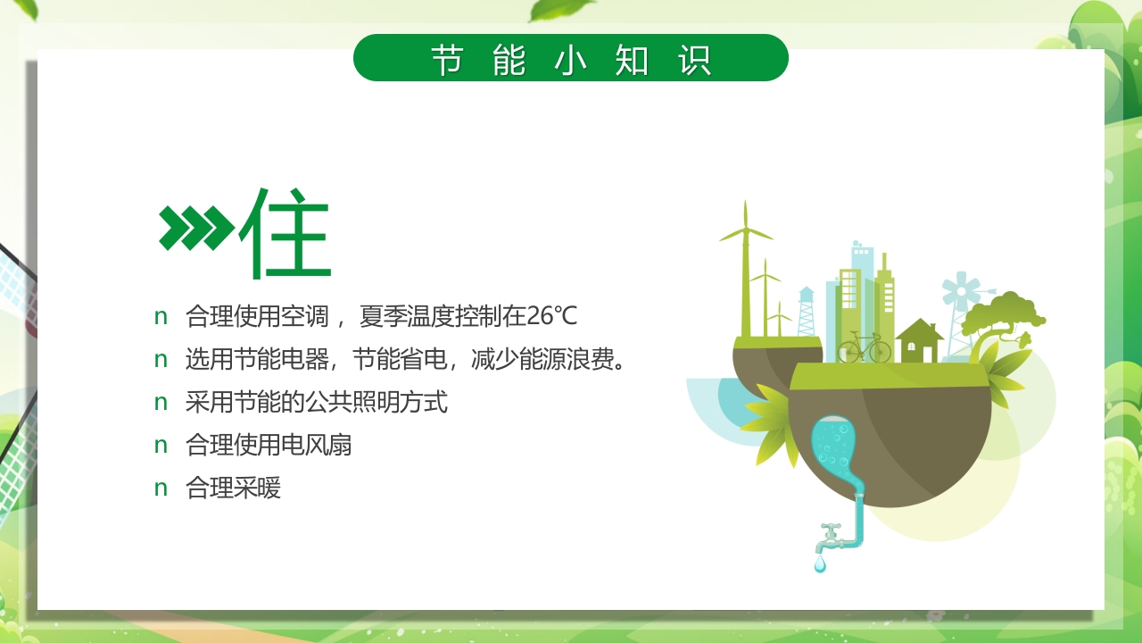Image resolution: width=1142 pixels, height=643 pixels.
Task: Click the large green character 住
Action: point(285,232)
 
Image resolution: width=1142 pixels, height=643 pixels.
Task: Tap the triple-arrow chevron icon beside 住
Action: point(195,227)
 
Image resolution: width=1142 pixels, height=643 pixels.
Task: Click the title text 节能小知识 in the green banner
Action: point(570,59)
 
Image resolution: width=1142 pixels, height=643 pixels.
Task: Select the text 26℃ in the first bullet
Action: point(552,316)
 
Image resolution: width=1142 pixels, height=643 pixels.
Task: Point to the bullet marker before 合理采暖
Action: point(161,489)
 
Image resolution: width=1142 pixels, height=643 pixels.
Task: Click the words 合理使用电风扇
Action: point(269,445)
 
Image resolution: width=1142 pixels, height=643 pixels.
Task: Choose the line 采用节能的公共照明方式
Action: point(316,402)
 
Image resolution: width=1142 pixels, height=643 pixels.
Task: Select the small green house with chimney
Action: point(919,341)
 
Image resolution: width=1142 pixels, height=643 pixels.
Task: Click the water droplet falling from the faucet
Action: point(820,564)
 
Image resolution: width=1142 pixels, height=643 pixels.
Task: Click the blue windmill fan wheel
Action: point(960,291)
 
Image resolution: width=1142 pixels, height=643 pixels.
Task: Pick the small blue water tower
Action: point(807,308)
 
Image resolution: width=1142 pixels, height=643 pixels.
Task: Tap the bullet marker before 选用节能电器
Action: point(161,360)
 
